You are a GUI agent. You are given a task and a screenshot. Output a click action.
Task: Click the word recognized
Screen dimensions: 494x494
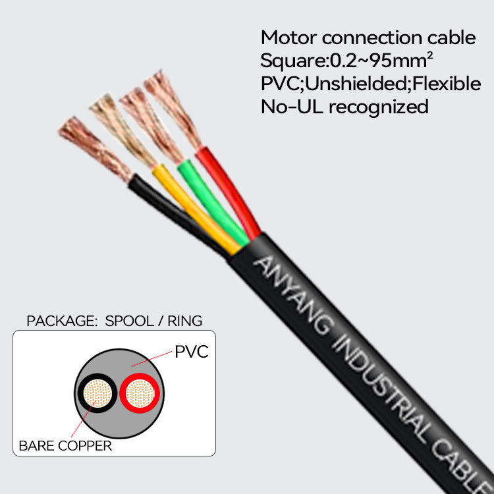[x=378, y=106]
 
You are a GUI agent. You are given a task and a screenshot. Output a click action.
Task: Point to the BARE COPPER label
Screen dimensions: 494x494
[x=65, y=446]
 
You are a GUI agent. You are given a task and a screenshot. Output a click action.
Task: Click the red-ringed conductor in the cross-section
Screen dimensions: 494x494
[x=140, y=396]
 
